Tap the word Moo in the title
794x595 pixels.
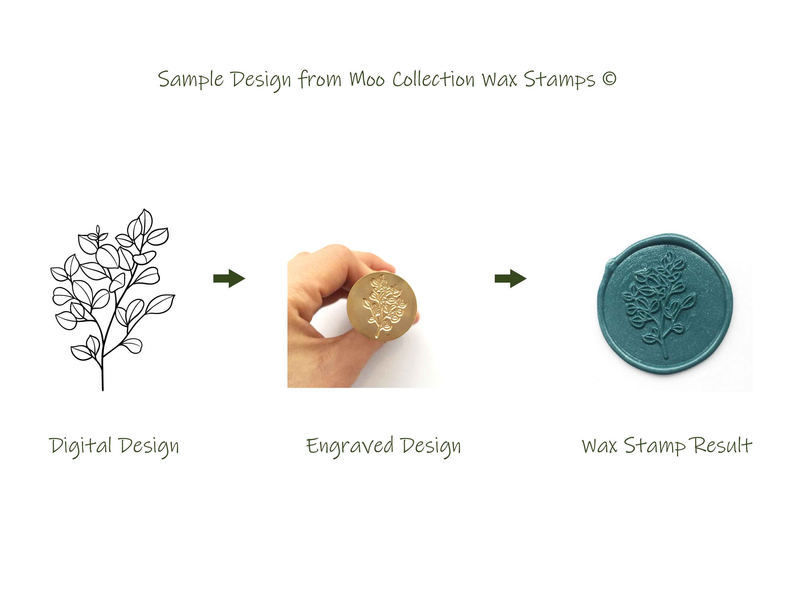(367, 79)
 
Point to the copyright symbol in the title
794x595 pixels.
(609, 79)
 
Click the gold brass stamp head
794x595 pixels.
(382, 307)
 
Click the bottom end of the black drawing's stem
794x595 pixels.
(103, 390)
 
